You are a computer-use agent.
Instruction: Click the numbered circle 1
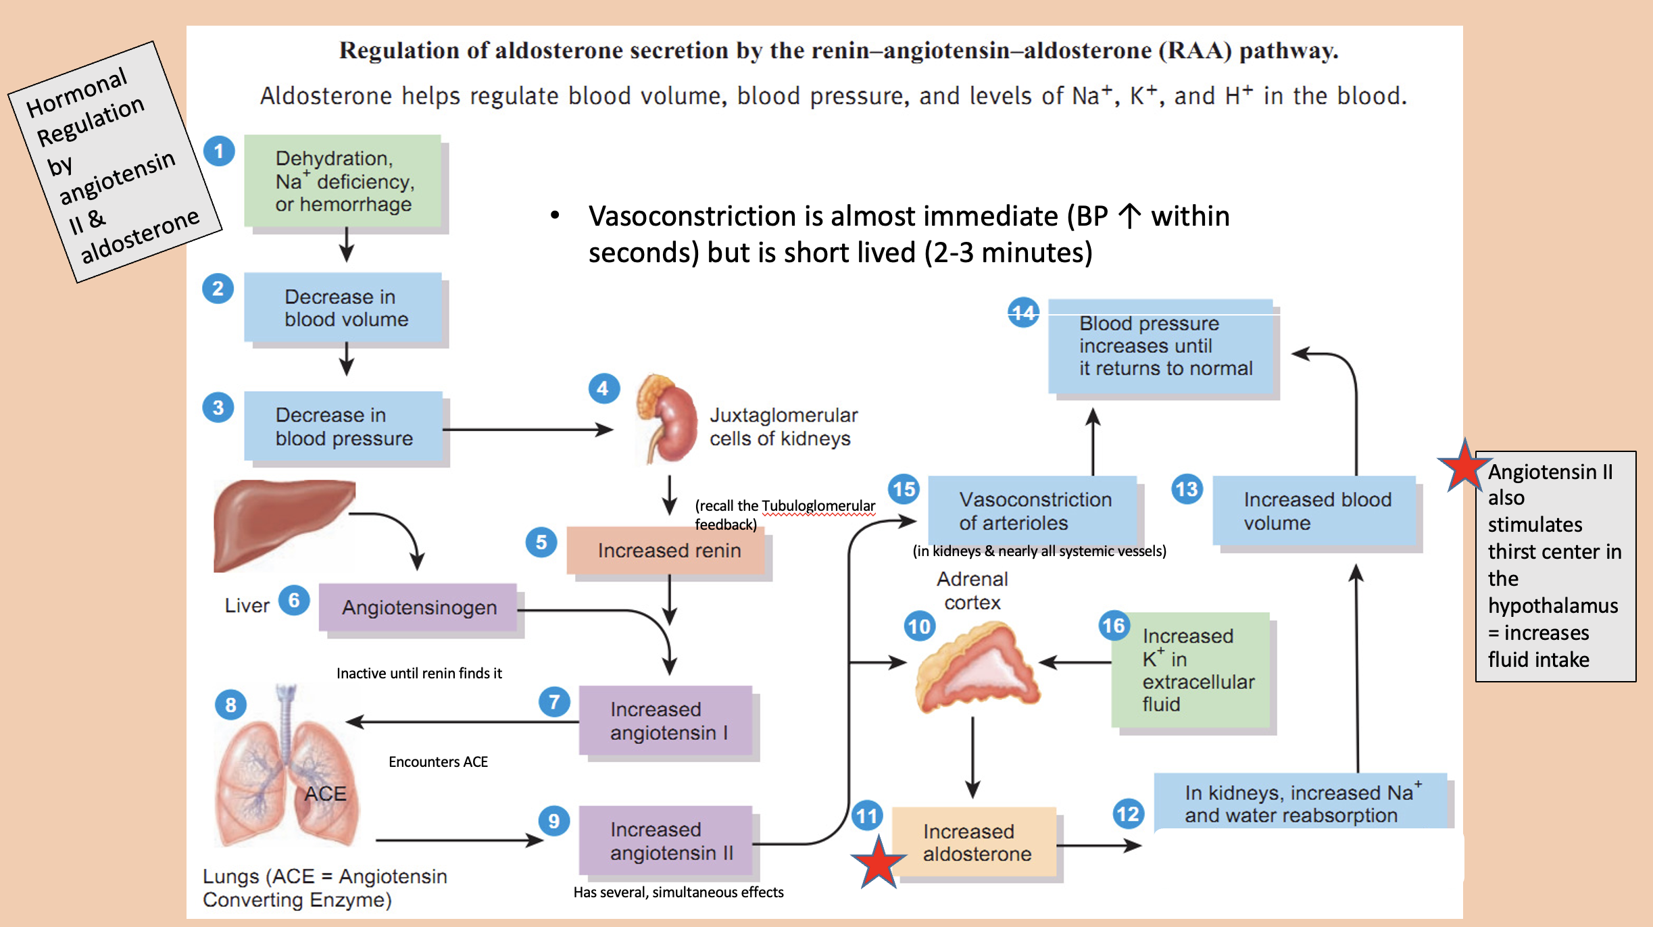[x=219, y=151]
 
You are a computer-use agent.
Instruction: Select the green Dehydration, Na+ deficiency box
[x=343, y=180]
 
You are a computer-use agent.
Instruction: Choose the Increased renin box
[x=668, y=551]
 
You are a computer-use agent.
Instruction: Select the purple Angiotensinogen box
[x=418, y=607]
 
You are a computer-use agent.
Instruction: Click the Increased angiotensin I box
[x=666, y=721]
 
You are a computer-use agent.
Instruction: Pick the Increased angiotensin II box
[x=666, y=841]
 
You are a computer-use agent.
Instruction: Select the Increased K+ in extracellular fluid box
[x=1191, y=670]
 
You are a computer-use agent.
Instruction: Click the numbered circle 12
[x=1128, y=813]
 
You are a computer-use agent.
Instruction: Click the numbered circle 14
[x=1023, y=312]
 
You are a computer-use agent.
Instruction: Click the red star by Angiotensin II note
[x=1464, y=467]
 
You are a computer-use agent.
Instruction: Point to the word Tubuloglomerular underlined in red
[x=818, y=506]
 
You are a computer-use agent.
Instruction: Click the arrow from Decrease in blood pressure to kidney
[x=527, y=429]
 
